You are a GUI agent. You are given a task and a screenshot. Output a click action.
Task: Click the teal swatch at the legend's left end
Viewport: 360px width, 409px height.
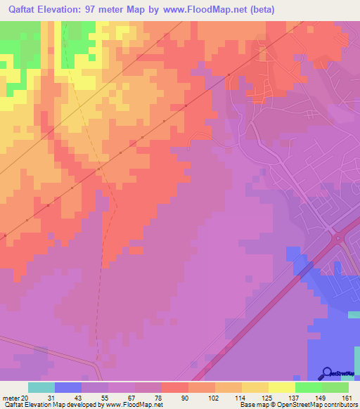point(41,387)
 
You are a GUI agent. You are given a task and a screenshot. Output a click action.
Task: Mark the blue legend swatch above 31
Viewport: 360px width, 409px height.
point(68,387)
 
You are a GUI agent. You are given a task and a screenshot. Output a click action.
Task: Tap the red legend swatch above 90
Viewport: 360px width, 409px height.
point(175,387)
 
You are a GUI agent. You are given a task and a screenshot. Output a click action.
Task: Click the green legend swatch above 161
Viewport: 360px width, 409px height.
point(335,387)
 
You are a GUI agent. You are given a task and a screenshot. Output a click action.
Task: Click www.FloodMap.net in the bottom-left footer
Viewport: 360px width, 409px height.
point(134,405)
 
